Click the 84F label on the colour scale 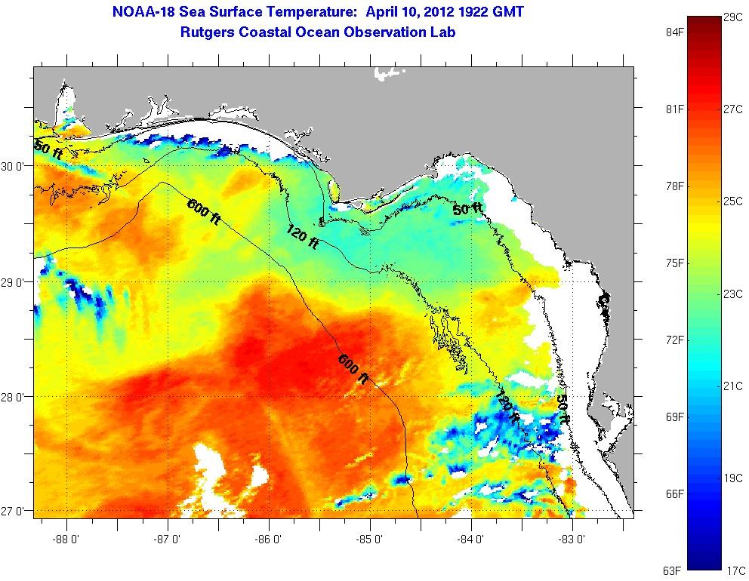point(673,32)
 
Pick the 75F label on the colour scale point(673,263)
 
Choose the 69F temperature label point(673,417)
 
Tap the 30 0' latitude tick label point(16,166)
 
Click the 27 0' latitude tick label point(16,511)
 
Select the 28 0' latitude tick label point(16,396)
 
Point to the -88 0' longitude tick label point(67,539)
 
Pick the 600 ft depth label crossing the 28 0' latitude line point(353,370)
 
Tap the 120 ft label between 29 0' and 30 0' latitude point(301,238)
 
